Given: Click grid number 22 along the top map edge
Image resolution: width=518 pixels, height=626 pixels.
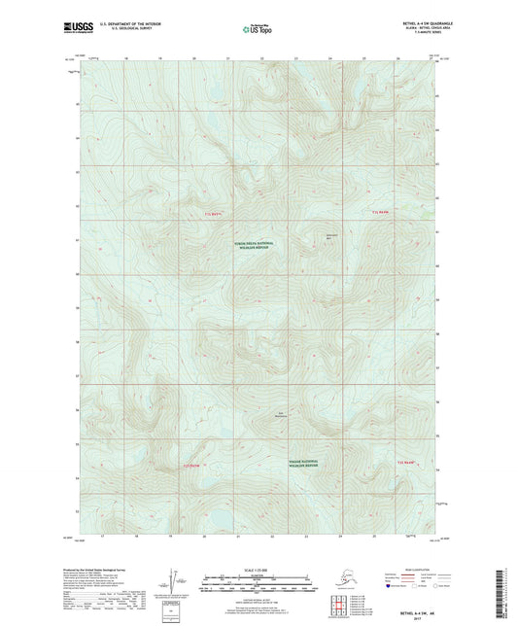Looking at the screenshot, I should (263, 59).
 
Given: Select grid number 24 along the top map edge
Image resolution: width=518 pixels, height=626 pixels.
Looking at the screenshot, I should (330, 59).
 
